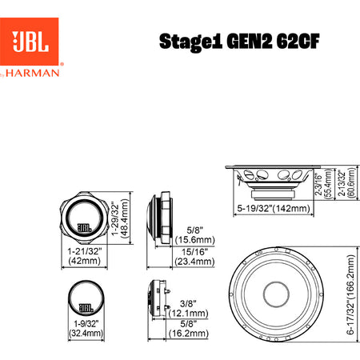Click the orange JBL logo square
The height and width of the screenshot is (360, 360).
pos(30,42)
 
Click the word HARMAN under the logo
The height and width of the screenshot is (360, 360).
pos(33,73)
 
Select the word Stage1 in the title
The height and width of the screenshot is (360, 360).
pos(190,42)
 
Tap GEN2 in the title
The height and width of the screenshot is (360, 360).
pos(250,42)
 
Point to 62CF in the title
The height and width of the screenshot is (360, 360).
pos(298,42)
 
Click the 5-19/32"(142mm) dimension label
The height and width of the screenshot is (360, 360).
pos(274,208)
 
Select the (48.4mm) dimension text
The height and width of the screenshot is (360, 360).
pos(125,218)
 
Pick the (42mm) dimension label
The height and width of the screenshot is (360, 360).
pos(85,261)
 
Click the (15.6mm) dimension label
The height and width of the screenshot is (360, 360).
pos(195,240)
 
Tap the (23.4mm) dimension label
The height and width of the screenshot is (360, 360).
pos(194,262)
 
